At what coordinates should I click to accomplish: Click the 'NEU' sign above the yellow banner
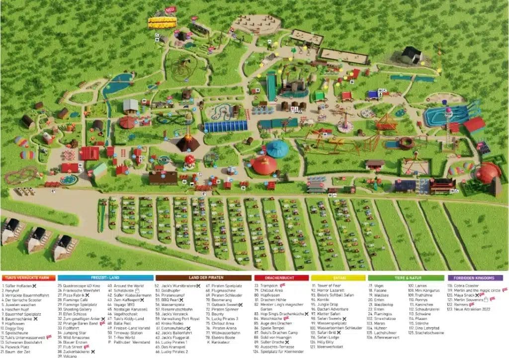[x=170, y=9]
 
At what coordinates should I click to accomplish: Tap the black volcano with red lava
[x=188, y=143]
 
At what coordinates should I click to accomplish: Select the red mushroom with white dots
[x=190, y=161]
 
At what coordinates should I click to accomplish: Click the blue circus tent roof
[x=277, y=148]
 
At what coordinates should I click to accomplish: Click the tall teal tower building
[x=271, y=86]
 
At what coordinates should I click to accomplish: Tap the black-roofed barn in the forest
[x=412, y=55]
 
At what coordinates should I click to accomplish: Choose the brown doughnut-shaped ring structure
[x=406, y=144]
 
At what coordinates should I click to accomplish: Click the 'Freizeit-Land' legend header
[x=105, y=278]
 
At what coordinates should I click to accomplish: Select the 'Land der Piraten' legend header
[x=203, y=278]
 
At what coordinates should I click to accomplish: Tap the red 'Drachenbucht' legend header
[x=281, y=278]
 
